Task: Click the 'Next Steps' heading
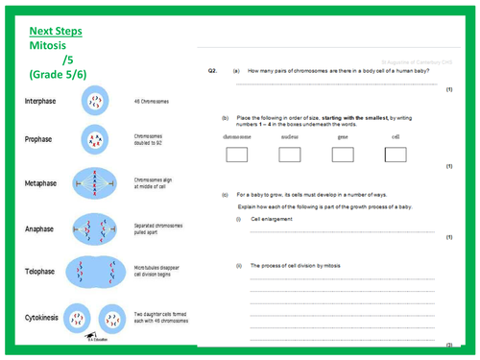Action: click(x=57, y=31)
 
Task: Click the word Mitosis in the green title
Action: click(x=54, y=45)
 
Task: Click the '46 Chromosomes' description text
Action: click(x=153, y=100)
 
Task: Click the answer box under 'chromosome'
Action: click(x=236, y=155)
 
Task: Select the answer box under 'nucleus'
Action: click(x=290, y=155)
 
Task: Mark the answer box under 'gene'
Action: click(x=342, y=155)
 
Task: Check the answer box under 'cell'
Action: click(x=395, y=155)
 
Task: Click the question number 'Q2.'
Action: click(x=214, y=71)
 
